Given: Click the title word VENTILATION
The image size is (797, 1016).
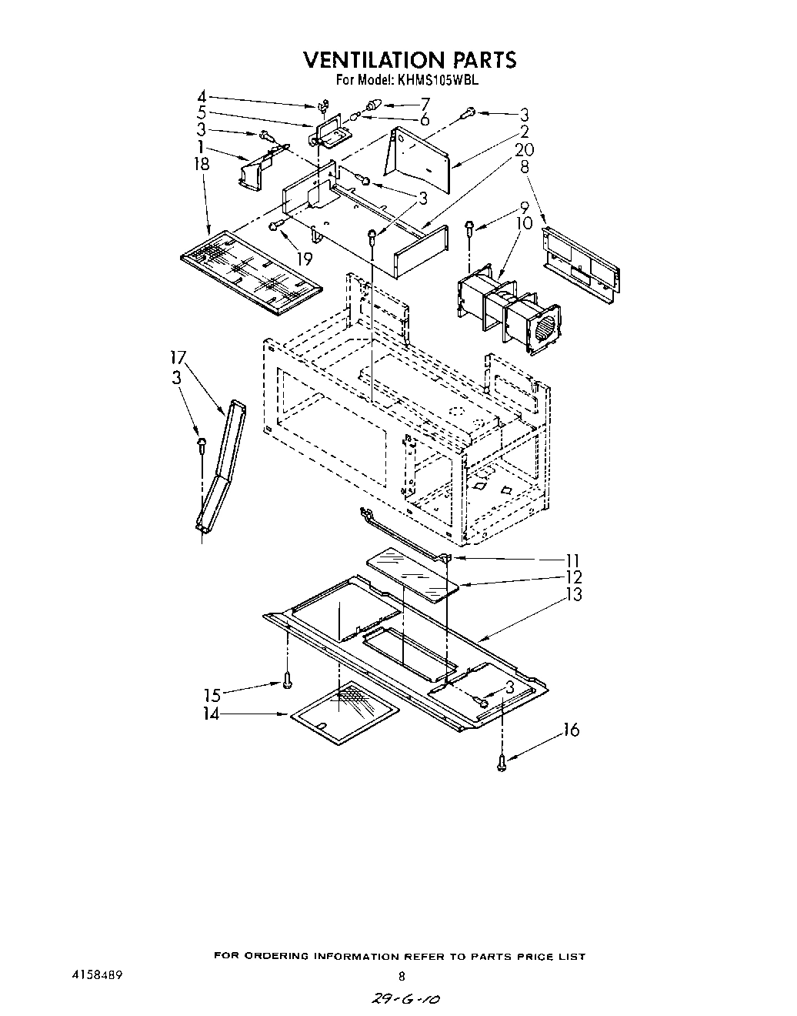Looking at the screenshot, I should pos(365,59).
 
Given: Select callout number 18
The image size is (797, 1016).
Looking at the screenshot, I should pos(201,163).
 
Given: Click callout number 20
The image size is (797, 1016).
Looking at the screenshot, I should pos(525,149).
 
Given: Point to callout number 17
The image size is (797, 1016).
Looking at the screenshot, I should pos(178,357).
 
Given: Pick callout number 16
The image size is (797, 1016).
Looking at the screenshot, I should pos(571,730).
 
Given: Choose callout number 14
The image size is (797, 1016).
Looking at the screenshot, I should pos(211,714).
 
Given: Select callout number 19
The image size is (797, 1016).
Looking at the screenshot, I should pos(305,259).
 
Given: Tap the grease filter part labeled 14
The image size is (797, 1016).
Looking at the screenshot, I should pos(345,714).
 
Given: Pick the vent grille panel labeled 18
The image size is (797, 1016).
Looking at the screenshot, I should pos(249,271).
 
